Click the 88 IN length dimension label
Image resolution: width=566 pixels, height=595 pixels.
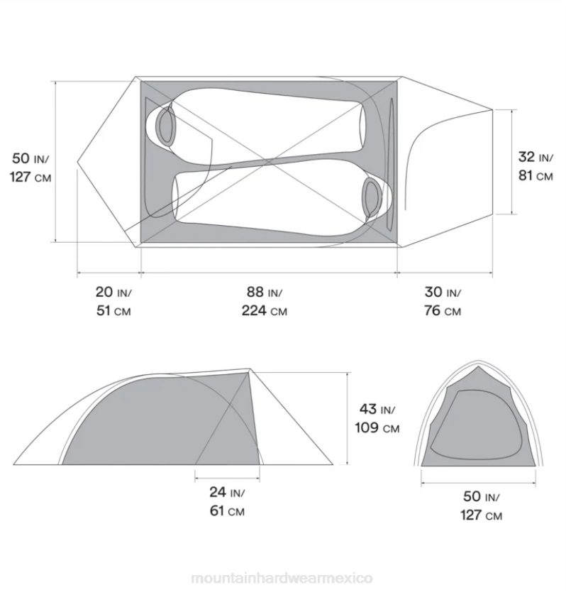coord(265,293)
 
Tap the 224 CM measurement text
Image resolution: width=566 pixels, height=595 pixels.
coord(265,311)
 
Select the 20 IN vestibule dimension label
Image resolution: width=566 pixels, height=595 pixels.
coord(113,293)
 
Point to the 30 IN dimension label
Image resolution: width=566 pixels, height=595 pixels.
coord(443,293)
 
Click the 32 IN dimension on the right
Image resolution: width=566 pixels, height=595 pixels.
coord(536,157)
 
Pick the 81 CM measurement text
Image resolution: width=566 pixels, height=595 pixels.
coord(536,175)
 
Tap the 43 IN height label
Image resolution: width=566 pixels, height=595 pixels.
coord(377,409)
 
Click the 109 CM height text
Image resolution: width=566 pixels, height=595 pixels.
coord(377,428)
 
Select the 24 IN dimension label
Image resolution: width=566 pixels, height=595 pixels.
coord(227,492)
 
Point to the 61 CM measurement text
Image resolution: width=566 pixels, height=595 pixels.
coord(227,511)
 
